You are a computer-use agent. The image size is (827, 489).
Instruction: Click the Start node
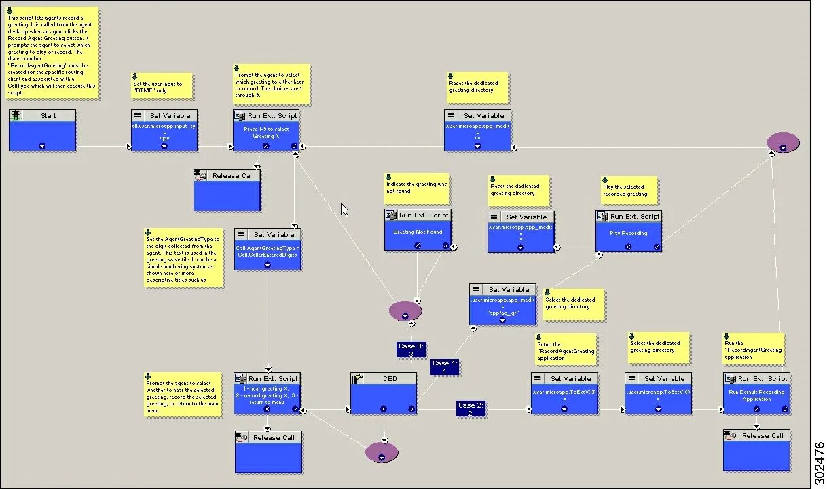[42, 130]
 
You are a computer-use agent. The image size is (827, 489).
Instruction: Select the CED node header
[384, 378]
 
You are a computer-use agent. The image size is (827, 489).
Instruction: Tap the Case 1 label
[444, 367]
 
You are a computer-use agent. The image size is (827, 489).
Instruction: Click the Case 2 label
[470, 409]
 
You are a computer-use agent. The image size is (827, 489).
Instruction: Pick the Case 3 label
[411, 350]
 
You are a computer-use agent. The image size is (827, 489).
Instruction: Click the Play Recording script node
[628, 231]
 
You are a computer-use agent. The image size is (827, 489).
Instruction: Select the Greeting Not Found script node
[418, 230]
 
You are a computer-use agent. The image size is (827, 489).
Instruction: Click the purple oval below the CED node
[382, 452]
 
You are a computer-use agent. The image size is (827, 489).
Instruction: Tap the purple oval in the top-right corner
[783, 143]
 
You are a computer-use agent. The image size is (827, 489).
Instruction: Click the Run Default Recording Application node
[756, 393]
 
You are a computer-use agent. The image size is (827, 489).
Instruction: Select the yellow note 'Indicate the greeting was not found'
[417, 188]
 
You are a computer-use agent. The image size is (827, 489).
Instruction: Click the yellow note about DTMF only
[160, 87]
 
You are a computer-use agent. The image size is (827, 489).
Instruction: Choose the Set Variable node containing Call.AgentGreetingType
[268, 249]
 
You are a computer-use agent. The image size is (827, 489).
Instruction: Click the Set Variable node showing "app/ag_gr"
[502, 304]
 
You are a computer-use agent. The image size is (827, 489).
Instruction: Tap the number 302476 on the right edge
[819, 460]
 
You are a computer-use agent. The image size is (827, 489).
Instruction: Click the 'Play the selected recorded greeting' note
[629, 190]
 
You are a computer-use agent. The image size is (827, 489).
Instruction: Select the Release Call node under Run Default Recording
[756, 450]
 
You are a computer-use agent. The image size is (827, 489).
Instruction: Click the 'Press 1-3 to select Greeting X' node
[266, 130]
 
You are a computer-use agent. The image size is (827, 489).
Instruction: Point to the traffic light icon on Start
[16, 115]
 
